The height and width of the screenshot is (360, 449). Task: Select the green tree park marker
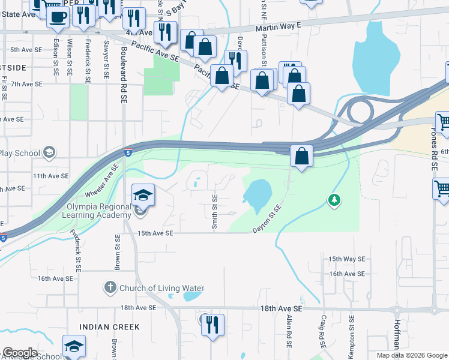coord(333,199)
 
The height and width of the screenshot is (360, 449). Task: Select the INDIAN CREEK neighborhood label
coord(110,327)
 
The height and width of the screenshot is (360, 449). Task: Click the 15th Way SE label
coord(346,259)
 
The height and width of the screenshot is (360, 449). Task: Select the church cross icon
coord(110,288)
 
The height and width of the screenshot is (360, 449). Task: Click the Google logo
coord(20,353)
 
